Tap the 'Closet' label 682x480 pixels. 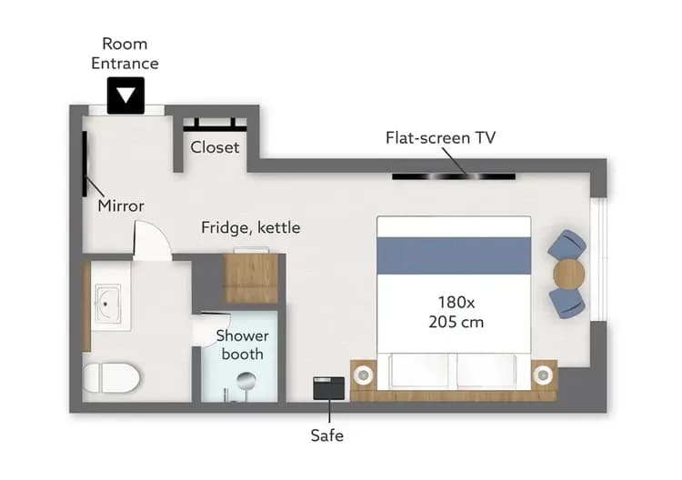click(x=215, y=146)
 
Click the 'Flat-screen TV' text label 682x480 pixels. click(x=441, y=138)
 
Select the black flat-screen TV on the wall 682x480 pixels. click(x=454, y=175)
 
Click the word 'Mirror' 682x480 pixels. click(x=121, y=205)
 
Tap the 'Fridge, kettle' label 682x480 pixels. click(x=250, y=227)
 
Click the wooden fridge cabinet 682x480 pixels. click(x=251, y=278)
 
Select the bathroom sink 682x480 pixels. click(x=108, y=304)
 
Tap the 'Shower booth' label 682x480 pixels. click(x=242, y=345)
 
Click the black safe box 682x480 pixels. click(x=327, y=388)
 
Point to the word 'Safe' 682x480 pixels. click(x=326, y=435)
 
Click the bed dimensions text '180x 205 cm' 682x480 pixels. click(x=455, y=311)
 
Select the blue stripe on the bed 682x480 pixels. click(x=454, y=255)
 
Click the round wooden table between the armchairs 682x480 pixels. click(x=569, y=273)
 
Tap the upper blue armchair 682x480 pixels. click(x=567, y=245)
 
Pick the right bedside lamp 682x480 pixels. click(x=543, y=374)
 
